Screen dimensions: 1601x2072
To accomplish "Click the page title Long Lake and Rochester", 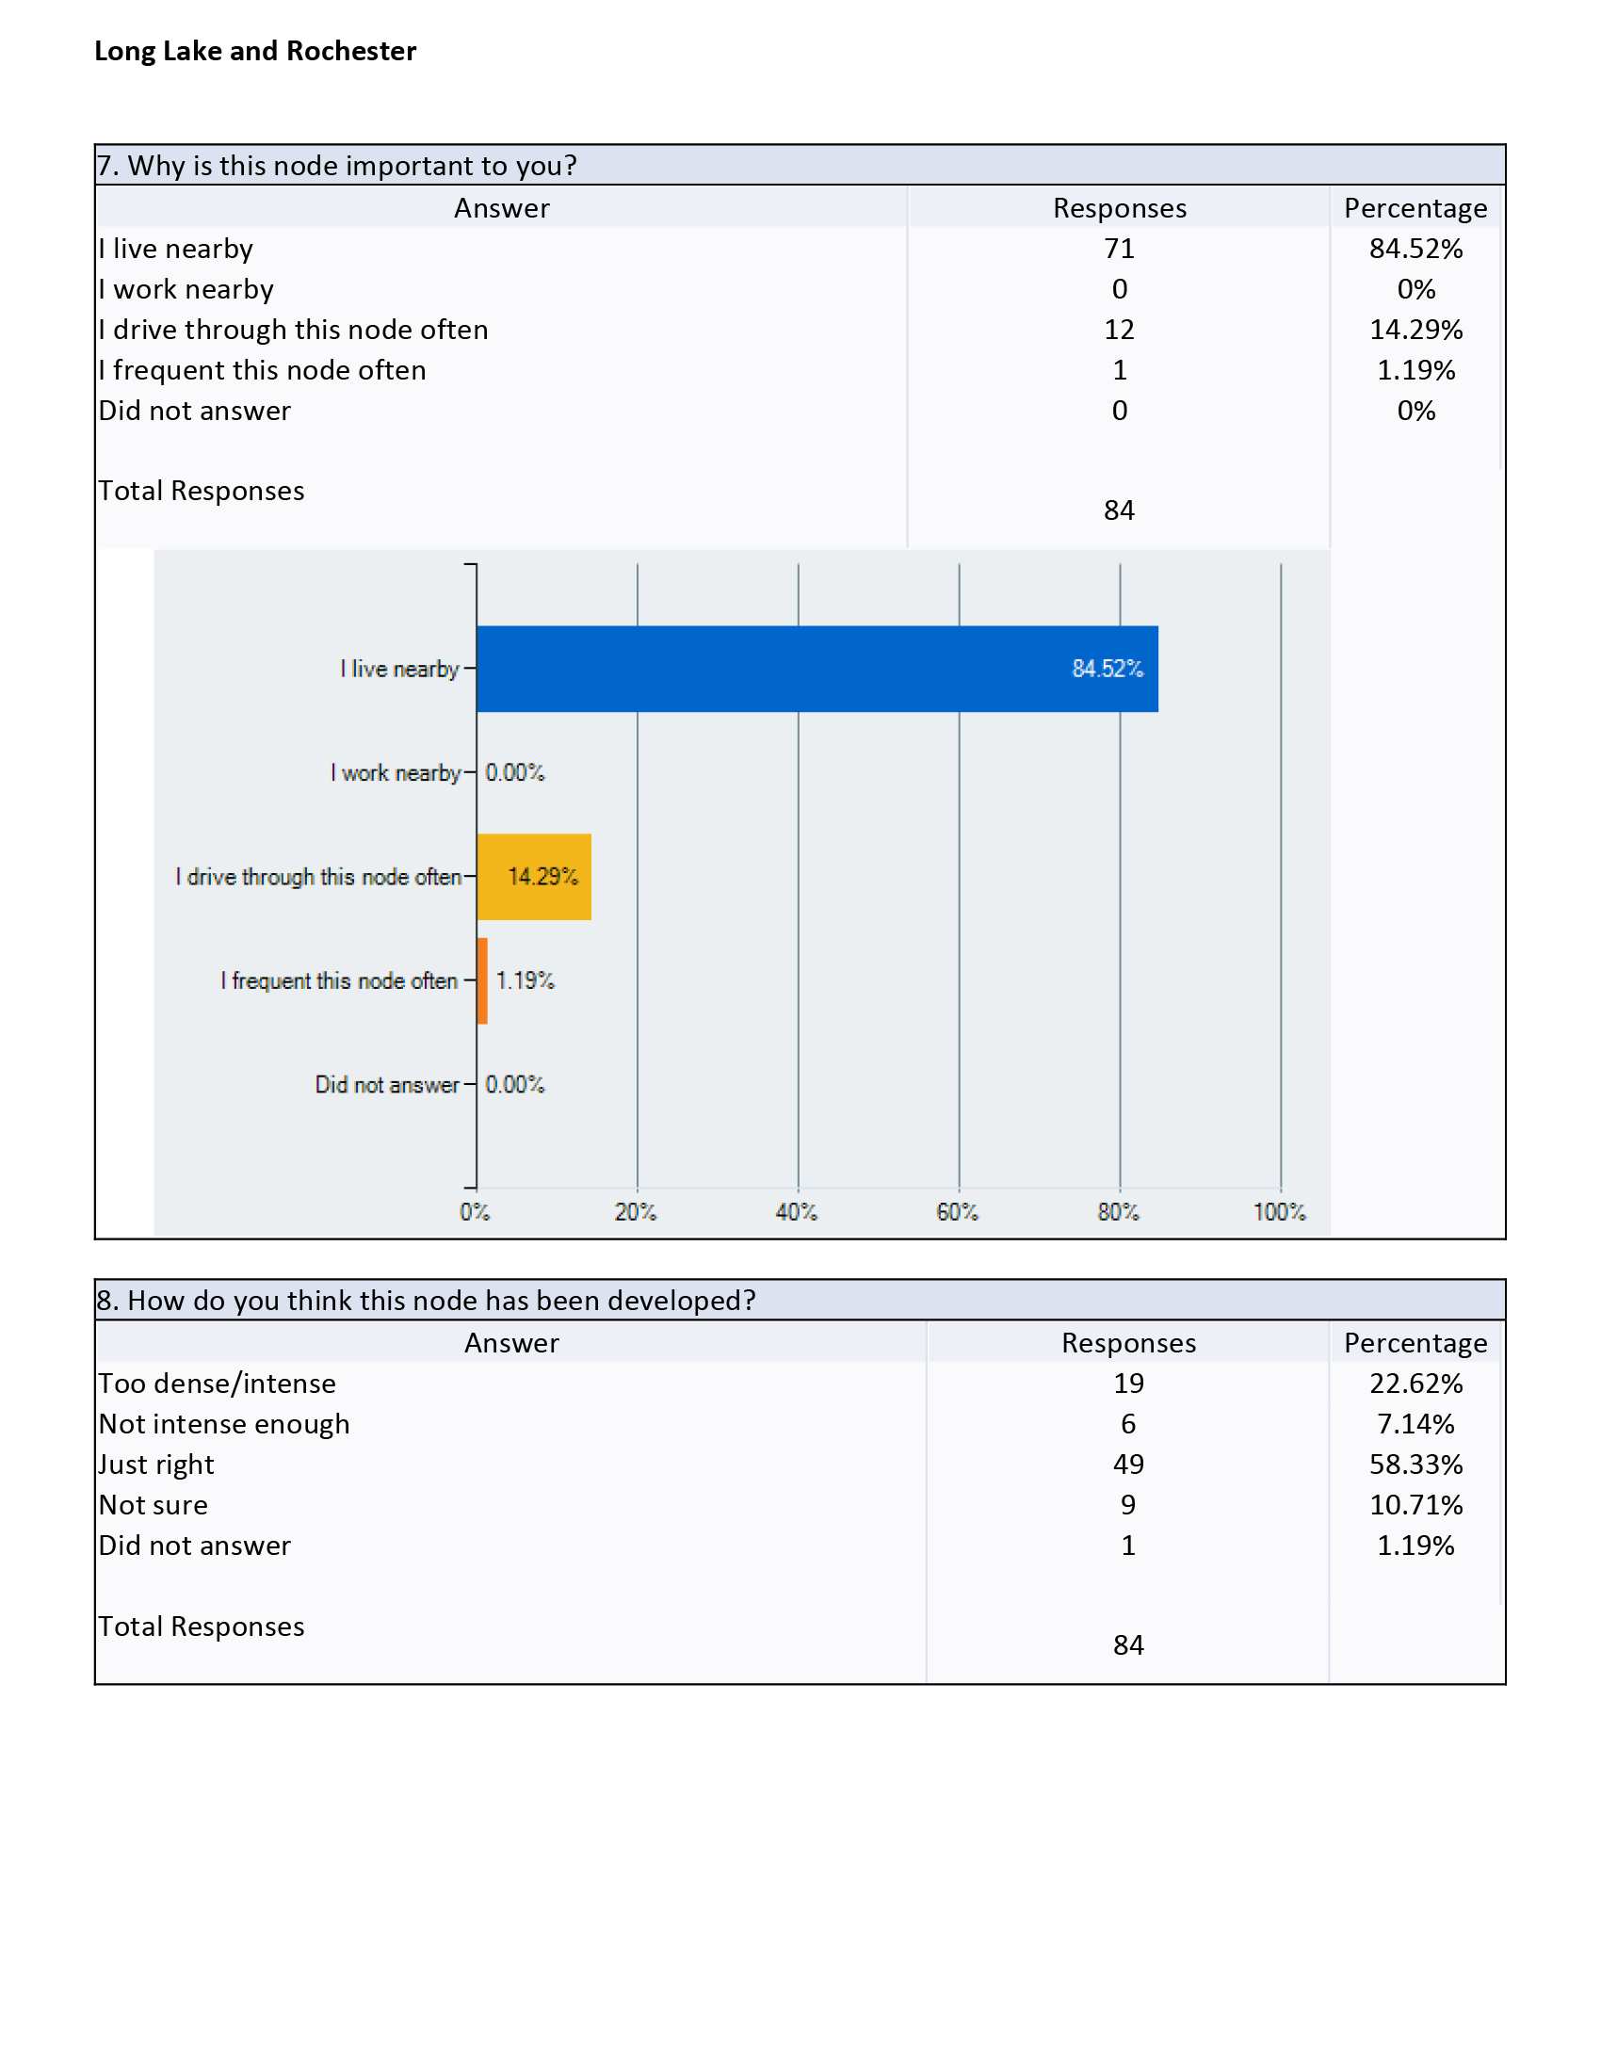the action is point(255,51).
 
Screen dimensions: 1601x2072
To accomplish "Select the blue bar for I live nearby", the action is point(817,669).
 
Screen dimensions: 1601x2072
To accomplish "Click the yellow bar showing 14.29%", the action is point(534,877).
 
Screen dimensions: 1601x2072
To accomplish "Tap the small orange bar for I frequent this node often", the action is point(482,981).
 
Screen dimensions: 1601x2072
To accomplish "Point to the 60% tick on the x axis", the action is point(957,1211).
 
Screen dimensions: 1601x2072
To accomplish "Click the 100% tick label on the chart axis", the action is point(1280,1211).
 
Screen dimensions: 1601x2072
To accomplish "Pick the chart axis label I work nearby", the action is point(396,773).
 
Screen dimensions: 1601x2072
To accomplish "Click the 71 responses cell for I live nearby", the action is point(1119,249).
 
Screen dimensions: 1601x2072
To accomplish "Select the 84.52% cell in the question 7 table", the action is point(1416,249).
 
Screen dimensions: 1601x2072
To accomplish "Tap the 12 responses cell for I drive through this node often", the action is point(1119,330).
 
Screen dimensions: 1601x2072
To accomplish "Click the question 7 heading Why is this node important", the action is point(337,166).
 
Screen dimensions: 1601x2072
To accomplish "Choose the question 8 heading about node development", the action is point(427,1300).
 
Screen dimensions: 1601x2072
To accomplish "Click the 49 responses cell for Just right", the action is point(1128,1464).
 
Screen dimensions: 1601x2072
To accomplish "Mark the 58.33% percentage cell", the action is point(1416,1464).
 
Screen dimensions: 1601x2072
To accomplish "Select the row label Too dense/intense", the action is point(218,1384).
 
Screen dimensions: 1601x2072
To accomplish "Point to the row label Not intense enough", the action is point(225,1424).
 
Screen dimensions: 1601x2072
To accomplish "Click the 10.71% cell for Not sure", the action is point(1416,1505).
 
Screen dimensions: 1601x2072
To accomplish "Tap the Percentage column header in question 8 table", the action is point(1416,1343).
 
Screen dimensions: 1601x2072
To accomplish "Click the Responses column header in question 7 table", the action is point(1119,209).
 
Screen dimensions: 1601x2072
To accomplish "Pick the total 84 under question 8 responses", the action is point(1128,1645).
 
